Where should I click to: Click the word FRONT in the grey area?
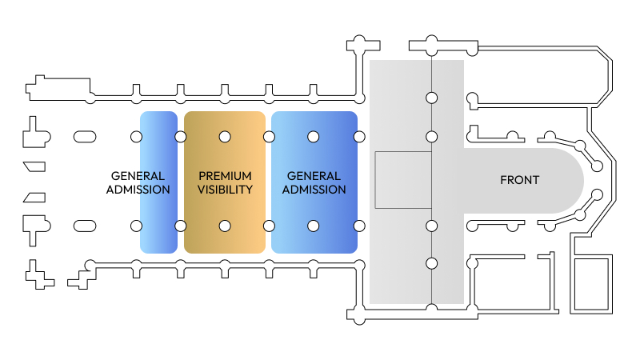pos(519,180)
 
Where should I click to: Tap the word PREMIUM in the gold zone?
pos(225,176)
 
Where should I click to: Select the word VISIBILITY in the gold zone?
pos(225,190)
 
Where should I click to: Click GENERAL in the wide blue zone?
pos(314,176)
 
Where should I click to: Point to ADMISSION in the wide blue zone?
pos(314,190)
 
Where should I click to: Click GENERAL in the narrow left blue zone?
pos(138,176)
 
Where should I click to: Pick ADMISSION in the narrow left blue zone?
pos(138,190)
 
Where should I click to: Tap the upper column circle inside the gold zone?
pos(225,137)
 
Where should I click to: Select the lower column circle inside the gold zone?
pos(225,226)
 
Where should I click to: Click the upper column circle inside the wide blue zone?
pos(314,137)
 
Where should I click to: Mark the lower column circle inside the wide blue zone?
pos(314,226)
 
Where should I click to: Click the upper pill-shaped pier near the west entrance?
pos(85,137)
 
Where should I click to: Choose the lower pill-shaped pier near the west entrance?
pos(85,226)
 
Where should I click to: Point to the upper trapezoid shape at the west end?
pos(35,166)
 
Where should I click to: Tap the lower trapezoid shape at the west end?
pos(35,198)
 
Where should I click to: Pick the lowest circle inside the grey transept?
pos(431,263)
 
